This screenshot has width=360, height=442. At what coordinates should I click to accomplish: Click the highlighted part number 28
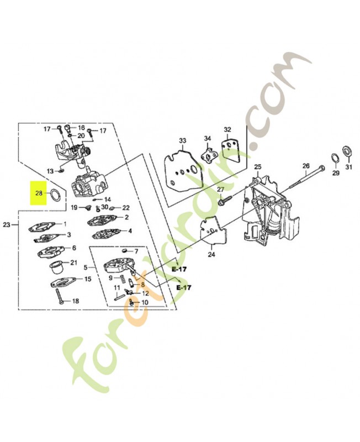[39, 193]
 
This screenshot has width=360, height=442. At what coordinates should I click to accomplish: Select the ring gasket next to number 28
[54, 194]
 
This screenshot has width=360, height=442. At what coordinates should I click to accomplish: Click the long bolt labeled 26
[307, 177]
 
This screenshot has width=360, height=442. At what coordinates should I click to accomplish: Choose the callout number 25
[258, 167]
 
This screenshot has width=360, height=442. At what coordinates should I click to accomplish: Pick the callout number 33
[183, 140]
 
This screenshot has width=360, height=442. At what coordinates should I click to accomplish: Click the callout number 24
[211, 255]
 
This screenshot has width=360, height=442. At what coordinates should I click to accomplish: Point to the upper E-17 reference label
[179, 269]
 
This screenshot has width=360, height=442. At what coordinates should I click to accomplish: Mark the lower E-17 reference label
[184, 287]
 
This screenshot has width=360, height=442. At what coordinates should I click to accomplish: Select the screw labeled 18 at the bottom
[60, 296]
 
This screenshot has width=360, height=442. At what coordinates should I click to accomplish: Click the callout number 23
[7, 225]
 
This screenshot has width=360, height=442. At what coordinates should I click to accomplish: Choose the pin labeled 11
[120, 296]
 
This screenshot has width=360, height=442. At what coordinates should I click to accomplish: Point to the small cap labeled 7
[125, 250]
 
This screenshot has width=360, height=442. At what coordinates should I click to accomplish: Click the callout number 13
[50, 171]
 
